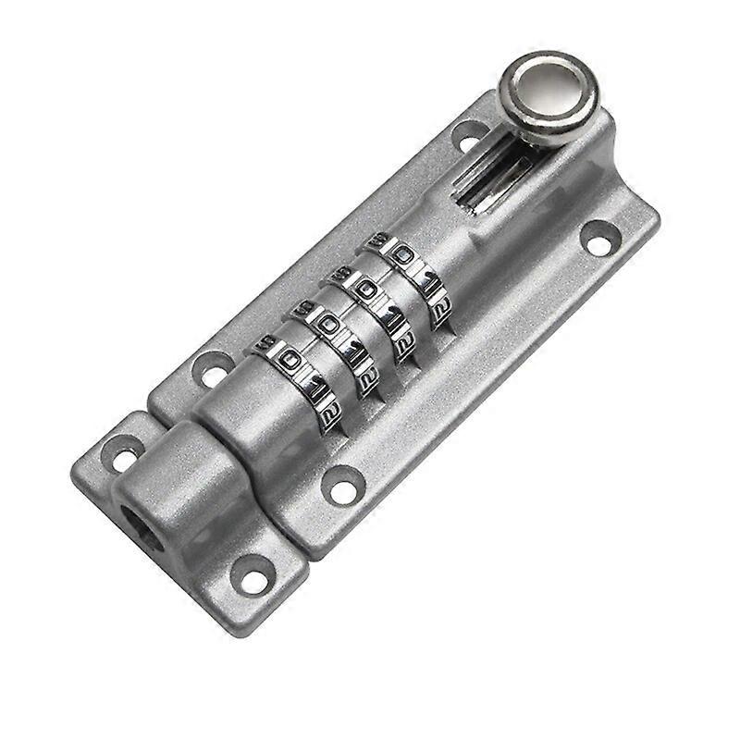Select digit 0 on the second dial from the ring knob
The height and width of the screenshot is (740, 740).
pos(366,290)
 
